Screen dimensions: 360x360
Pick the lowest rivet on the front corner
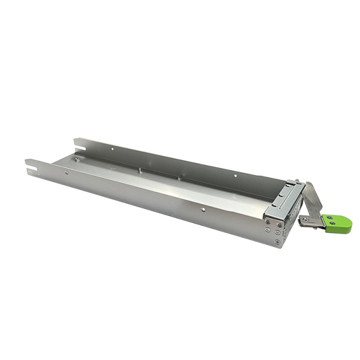(x=277, y=241)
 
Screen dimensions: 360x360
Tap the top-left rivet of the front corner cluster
(x=268, y=220)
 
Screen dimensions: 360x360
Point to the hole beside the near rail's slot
(x=67, y=173)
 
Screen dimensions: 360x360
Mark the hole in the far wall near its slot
(x=112, y=148)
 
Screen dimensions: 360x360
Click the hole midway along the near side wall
(x=204, y=210)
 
